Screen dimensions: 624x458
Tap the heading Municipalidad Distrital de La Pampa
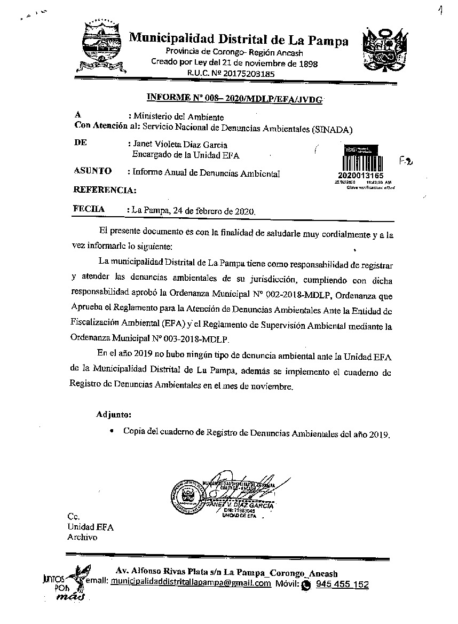239,40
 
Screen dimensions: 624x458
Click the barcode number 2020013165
360,176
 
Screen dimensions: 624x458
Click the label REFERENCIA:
104,189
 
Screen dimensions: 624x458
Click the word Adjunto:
114,414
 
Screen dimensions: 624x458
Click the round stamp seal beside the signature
186,496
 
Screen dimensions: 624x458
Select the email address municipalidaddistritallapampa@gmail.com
191,583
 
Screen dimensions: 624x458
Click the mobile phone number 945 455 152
342,584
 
